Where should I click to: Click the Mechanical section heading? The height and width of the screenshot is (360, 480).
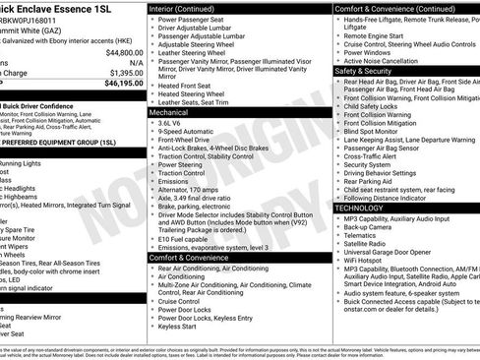(x=169, y=113)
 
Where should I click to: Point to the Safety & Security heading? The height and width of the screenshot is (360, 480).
(x=364, y=71)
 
